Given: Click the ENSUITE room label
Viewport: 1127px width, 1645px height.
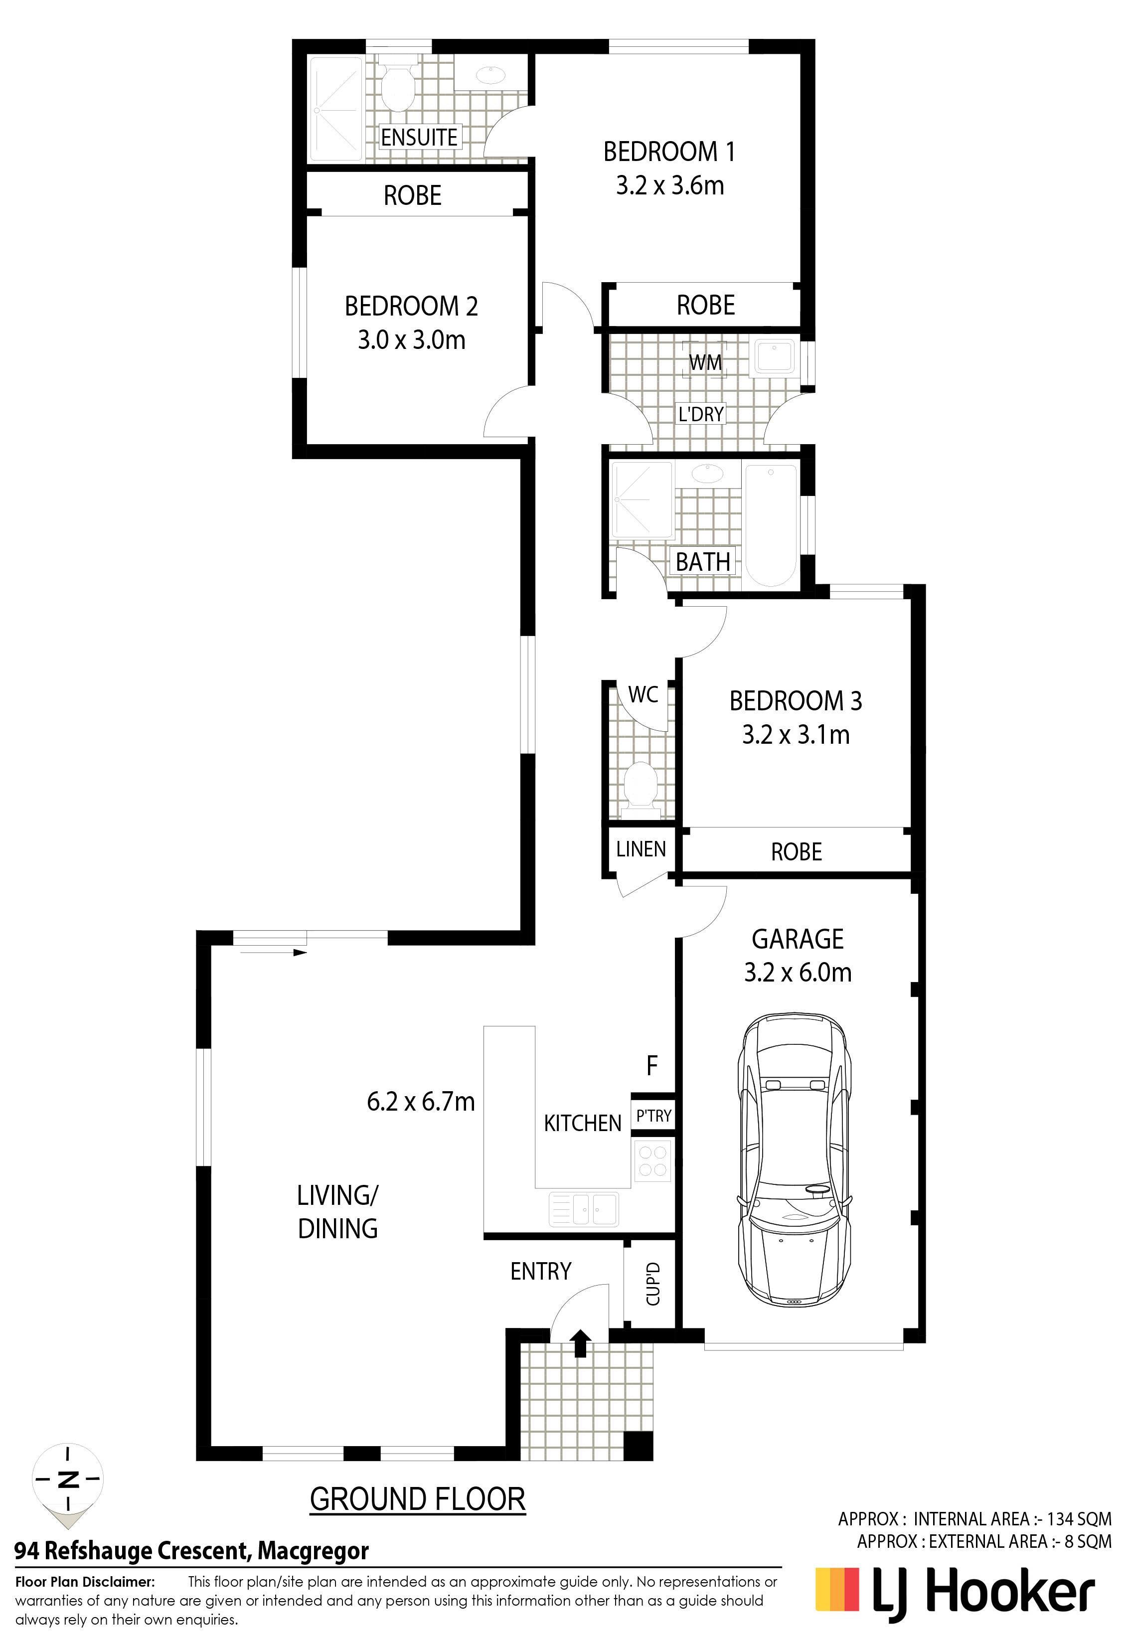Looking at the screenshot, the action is click(419, 137).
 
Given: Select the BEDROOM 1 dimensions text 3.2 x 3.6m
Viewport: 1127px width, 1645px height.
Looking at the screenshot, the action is click(670, 185).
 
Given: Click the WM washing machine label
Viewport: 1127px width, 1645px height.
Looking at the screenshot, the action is click(705, 362).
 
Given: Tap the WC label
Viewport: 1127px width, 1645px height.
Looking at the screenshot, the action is click(643, 694).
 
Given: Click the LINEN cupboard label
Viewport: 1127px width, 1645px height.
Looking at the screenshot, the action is click(641, 849).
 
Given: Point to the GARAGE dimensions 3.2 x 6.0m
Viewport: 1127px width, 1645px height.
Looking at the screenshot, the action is click(798, 973).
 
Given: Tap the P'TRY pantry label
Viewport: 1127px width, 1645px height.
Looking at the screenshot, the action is click(653, 1116).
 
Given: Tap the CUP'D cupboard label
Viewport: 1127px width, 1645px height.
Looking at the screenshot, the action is click(652, 1284).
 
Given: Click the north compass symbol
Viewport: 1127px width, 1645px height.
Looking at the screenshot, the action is click(68, 1478).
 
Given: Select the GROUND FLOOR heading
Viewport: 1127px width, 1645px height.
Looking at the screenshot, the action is click(418, 1498).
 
